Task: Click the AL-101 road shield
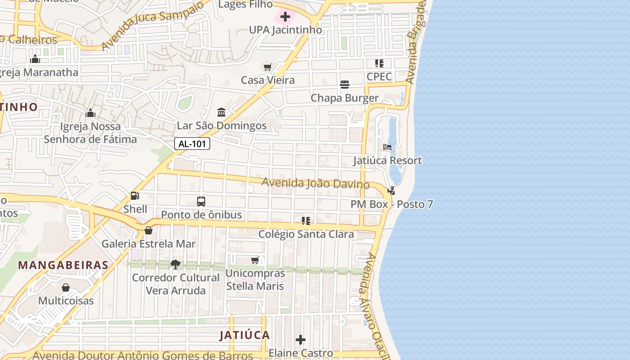click(x=192, y=144)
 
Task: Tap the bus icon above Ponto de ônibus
click(x=201, y=201)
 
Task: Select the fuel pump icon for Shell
click(x=135, y=196)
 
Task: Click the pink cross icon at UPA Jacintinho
click(x=285, y=17)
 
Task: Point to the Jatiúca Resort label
click(x=387, y=161)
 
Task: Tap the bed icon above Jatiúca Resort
click(x=387, y=147)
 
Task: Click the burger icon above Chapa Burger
click(x=345, y=85)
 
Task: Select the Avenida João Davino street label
click(x=315, y=184)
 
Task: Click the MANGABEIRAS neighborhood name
click(x=63, y=265)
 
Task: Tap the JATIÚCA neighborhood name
click(x=245, y=335)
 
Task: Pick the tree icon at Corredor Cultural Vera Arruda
click(x=175, y=264)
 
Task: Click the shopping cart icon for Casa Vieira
click(x=268, y=67)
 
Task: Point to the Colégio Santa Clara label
click(x=306, y=234)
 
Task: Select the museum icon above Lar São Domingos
click(x=221, y=112)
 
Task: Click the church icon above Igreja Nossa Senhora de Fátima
click(x=90, y=113)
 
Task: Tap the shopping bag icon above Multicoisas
click(x=66, y=287)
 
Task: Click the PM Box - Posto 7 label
click(x=391, y=204)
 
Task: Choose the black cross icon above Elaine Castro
click(x=301, y=340)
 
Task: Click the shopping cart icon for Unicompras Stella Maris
click(x=255, y=260)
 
